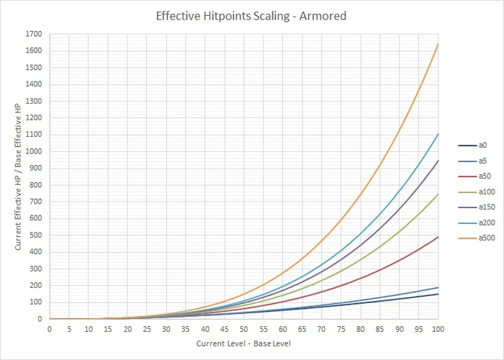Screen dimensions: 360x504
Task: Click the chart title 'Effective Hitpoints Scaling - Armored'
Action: tap(251, 15)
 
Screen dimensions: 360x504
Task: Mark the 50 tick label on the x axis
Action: tap(243, 329)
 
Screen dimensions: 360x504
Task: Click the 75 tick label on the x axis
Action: tap(341, 329)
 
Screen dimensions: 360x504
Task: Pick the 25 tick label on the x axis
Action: tap(146, 329)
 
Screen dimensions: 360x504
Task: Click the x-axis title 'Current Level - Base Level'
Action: tap(243, 344)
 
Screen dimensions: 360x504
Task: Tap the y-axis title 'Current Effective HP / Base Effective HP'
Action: tap(17, 177)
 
